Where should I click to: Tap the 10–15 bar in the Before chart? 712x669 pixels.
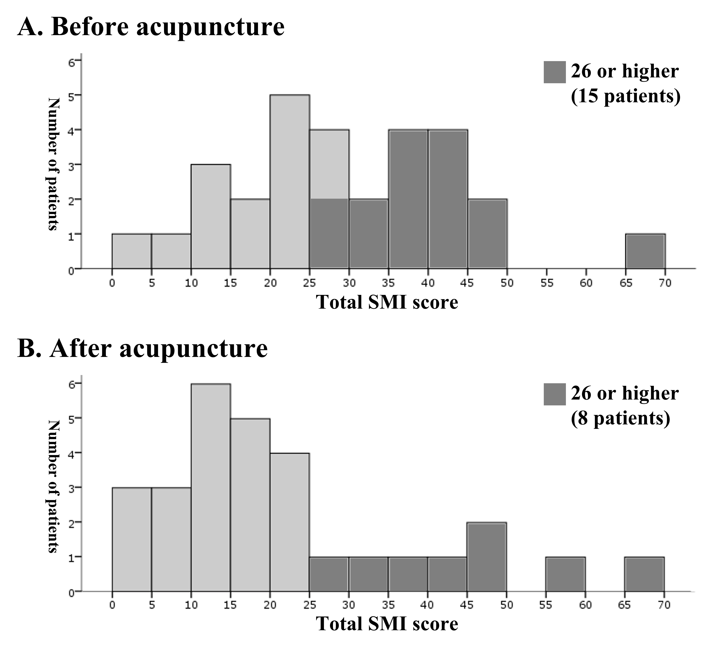[211, 216]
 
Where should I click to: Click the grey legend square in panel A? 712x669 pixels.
[554, 72]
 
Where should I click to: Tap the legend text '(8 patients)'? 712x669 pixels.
[620, 418]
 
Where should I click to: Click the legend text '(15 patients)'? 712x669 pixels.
[625, 96]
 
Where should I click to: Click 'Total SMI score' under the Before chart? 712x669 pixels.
[387, 302]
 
